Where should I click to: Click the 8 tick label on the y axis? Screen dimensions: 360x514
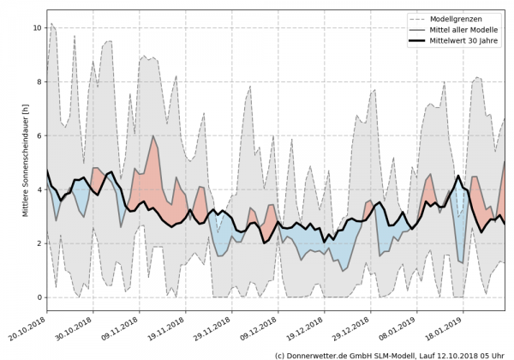coord(37,82)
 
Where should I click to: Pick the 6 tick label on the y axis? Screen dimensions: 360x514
coord(37,136)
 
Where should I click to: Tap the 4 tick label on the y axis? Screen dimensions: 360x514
coord(37,190)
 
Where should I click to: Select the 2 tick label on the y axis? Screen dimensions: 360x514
coord(37,244)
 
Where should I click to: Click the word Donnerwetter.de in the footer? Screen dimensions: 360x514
coord(321,354)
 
